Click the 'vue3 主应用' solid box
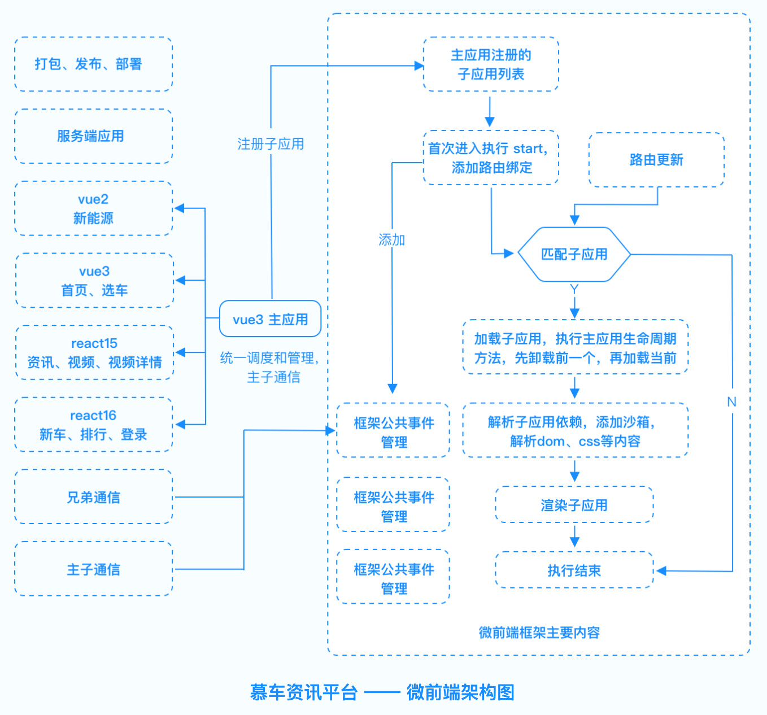(270, 319)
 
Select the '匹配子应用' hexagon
(574, 254)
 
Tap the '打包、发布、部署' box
(93, 64)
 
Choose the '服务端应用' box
(93, 136)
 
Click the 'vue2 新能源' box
(93, 208)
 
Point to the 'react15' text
(94, 343)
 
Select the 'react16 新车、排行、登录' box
(93, 424)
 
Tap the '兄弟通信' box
(93, 496)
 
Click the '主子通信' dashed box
(93, 569)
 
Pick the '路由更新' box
(656, 159)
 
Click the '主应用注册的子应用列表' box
(491, 64)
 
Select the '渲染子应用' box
(574, 504)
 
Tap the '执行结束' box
(574, 570)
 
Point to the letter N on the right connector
(731, 402)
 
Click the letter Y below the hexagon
(574, 289)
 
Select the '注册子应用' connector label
(271, 143)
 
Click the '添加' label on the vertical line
(391, 240)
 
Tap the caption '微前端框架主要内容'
(539, 633)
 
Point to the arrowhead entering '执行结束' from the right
(661, 570)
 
